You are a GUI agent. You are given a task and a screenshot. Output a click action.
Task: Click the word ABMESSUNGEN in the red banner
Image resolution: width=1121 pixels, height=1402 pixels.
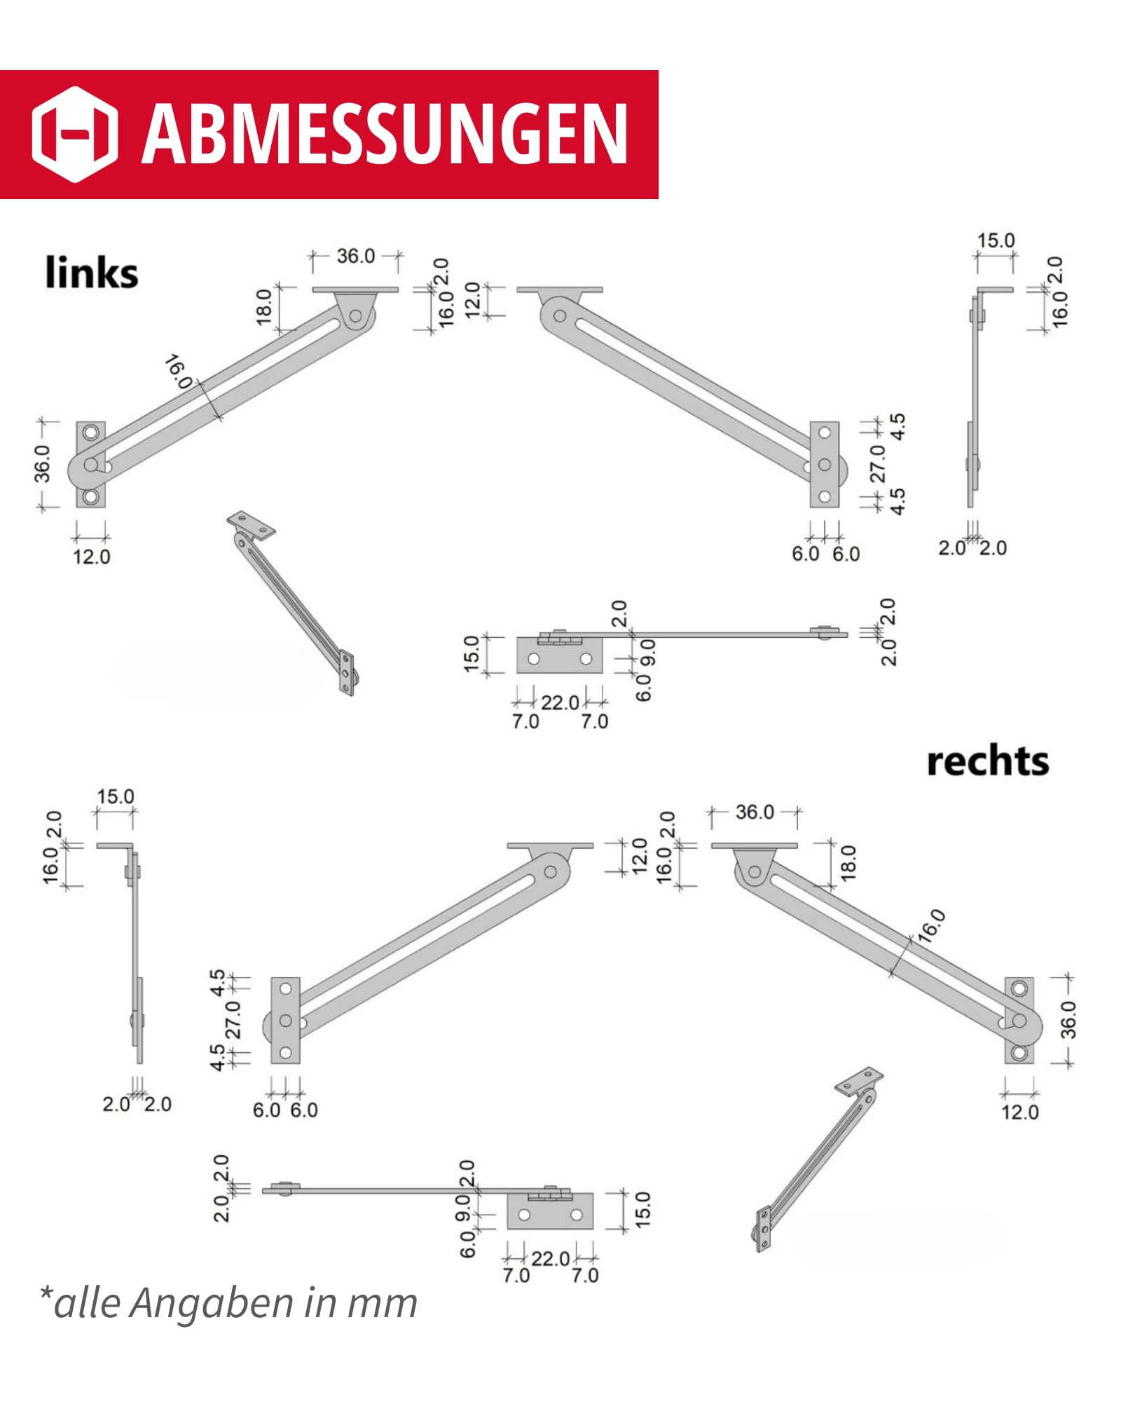coord(385,133)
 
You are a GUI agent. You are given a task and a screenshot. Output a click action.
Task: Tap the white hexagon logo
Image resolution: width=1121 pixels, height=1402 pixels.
coord(75,134)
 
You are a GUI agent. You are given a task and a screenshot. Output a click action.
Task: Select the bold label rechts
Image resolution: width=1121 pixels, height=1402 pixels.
coord(987,761)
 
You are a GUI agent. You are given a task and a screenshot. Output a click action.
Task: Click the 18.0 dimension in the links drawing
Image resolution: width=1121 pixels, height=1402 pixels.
coord(264,306)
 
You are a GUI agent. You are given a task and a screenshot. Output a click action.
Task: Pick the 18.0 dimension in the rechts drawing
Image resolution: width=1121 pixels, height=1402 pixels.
coord(848,862)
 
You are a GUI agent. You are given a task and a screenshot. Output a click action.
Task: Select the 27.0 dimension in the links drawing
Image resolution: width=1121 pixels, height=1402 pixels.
coord(878,463)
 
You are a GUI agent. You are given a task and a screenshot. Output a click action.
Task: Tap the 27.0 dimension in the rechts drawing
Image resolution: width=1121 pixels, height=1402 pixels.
coord(233,1019)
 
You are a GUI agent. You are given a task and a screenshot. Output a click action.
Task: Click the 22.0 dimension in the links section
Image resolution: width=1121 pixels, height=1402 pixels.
coord(560,702)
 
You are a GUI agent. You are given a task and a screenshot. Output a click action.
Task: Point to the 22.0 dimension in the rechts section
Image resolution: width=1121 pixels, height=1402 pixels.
coord(551,1258)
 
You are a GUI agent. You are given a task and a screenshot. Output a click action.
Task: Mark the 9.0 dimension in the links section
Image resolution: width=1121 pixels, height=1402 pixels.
coord(648,652)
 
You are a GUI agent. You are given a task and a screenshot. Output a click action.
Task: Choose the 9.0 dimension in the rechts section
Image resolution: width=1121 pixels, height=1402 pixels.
coord(463,1209)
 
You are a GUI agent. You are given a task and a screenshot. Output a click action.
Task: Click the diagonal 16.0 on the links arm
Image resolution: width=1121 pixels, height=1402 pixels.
coord(179,372)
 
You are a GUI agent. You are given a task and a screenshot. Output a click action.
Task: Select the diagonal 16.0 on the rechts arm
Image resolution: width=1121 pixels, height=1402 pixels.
coord(932,926)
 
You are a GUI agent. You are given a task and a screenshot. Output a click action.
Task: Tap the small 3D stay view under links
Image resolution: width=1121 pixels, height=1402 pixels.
coord(291,602)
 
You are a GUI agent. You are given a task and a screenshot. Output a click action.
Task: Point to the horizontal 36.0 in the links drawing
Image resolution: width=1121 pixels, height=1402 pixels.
coord(356,256)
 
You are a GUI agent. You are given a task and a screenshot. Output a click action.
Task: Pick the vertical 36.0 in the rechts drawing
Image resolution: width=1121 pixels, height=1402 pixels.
coord(1068,1019)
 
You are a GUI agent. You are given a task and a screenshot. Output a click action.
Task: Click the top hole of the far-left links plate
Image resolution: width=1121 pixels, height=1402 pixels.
coord(90,432)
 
